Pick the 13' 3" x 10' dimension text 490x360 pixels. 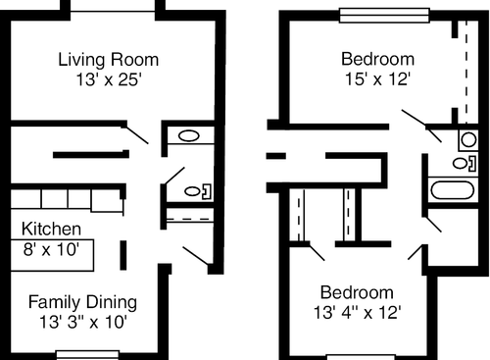tap(82, 320)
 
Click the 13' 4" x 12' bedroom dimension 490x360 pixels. tap(359, 313)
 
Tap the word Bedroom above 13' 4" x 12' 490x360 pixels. tap(358, 293)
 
